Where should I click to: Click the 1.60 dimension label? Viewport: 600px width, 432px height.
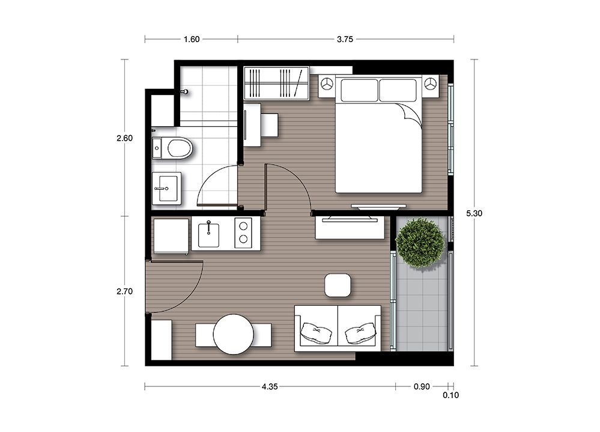(192, 39)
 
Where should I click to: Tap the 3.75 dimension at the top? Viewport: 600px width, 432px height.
(345, 39)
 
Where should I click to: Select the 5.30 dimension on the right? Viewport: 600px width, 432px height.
(474, 213)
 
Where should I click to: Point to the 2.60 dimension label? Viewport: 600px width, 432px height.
(125, 138)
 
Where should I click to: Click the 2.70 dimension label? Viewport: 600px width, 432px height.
(125, 291)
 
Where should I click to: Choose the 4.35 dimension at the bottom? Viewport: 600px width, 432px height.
(270, 386)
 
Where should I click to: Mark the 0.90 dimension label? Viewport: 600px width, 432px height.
(422, 386)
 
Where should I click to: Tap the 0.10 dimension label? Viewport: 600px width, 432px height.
(451, 395)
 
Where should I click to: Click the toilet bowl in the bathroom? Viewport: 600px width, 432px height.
(179, 148)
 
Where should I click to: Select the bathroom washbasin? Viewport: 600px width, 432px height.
(166, 188)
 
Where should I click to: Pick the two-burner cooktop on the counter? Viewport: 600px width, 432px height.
(243, 233)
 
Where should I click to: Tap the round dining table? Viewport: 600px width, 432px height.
(234, 335)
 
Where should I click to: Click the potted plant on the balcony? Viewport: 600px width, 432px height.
(421, 243)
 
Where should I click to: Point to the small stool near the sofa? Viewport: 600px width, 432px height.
(338, 285)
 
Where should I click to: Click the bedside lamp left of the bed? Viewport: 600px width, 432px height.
(326, 84)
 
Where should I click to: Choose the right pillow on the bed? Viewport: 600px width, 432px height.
(398, 90)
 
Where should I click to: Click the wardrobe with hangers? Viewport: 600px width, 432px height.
(276, 83)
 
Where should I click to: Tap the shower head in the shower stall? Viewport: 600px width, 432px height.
(185, 92)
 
